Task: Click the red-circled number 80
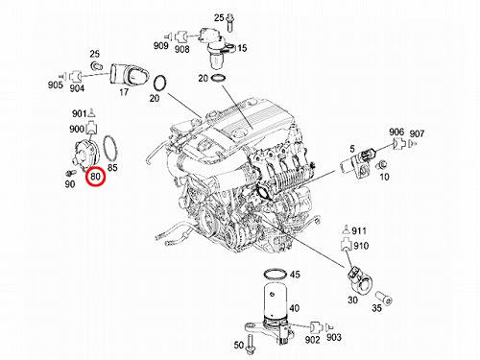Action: pos(95,177)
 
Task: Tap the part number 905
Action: pos(56,85)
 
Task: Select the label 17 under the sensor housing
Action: pos(124,92)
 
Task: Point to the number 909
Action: pos(161,46)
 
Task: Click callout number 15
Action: pos(242,48)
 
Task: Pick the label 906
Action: pos(396,132)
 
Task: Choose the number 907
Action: pos(417,133)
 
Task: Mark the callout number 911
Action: pos(359,230)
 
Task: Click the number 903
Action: pos(334,337)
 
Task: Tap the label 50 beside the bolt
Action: pos(239,346)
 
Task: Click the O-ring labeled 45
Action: pos(275,275)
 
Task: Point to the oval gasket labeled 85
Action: pos(109,148)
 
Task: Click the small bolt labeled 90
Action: pos(70,173)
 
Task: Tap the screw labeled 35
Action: pos(384,298)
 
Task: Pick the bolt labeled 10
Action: pos(381,165)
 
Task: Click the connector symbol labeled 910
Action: pos(346,245)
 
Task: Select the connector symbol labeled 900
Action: pos(91,129)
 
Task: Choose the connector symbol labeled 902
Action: pos(315,327)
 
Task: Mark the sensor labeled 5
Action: pos(355,163)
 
